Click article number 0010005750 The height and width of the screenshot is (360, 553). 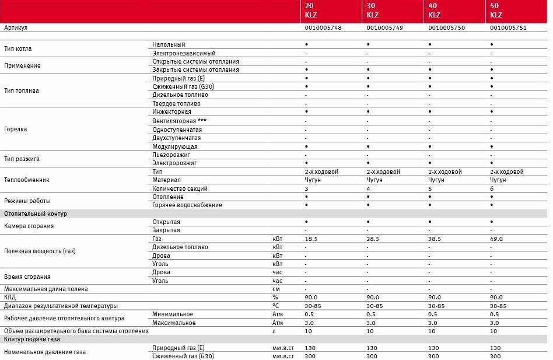click(x=448, y=27)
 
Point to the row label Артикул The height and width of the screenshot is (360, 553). click(x=16, y=27)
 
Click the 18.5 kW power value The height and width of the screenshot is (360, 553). click(x=311, y=239)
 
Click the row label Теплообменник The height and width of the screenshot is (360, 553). click(x=27, y=180)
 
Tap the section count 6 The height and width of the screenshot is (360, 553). click(x=492, y=188)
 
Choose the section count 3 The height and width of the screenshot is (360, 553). click(x=306, y=188)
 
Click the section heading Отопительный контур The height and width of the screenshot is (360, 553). click(x=36, y=214)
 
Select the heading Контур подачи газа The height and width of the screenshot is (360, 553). click(x=32, y=339)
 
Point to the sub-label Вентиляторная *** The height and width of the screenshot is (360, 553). click(x=180, y=120)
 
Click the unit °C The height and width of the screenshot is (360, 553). click(x=276, y=306)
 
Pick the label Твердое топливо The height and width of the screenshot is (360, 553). click(x=176, y=103)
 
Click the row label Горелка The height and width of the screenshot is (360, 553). click(x=16, y=129)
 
